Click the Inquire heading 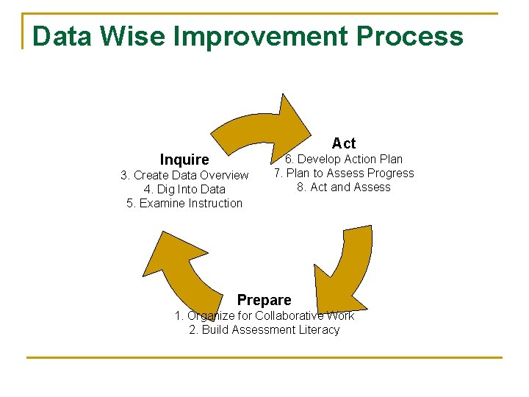(184, 160)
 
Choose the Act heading (343, 143)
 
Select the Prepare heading (264, 300)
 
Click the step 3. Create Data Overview (184, 175)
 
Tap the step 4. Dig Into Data (184, 189)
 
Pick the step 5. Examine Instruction (184, 203)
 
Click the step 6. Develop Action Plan (344, 159)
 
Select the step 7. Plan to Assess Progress (344, 173)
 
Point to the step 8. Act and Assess (344, 187)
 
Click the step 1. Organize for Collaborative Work (264, 315)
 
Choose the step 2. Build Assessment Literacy (264, 329)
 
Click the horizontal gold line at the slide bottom (264, 358)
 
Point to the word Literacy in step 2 (318, 329)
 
